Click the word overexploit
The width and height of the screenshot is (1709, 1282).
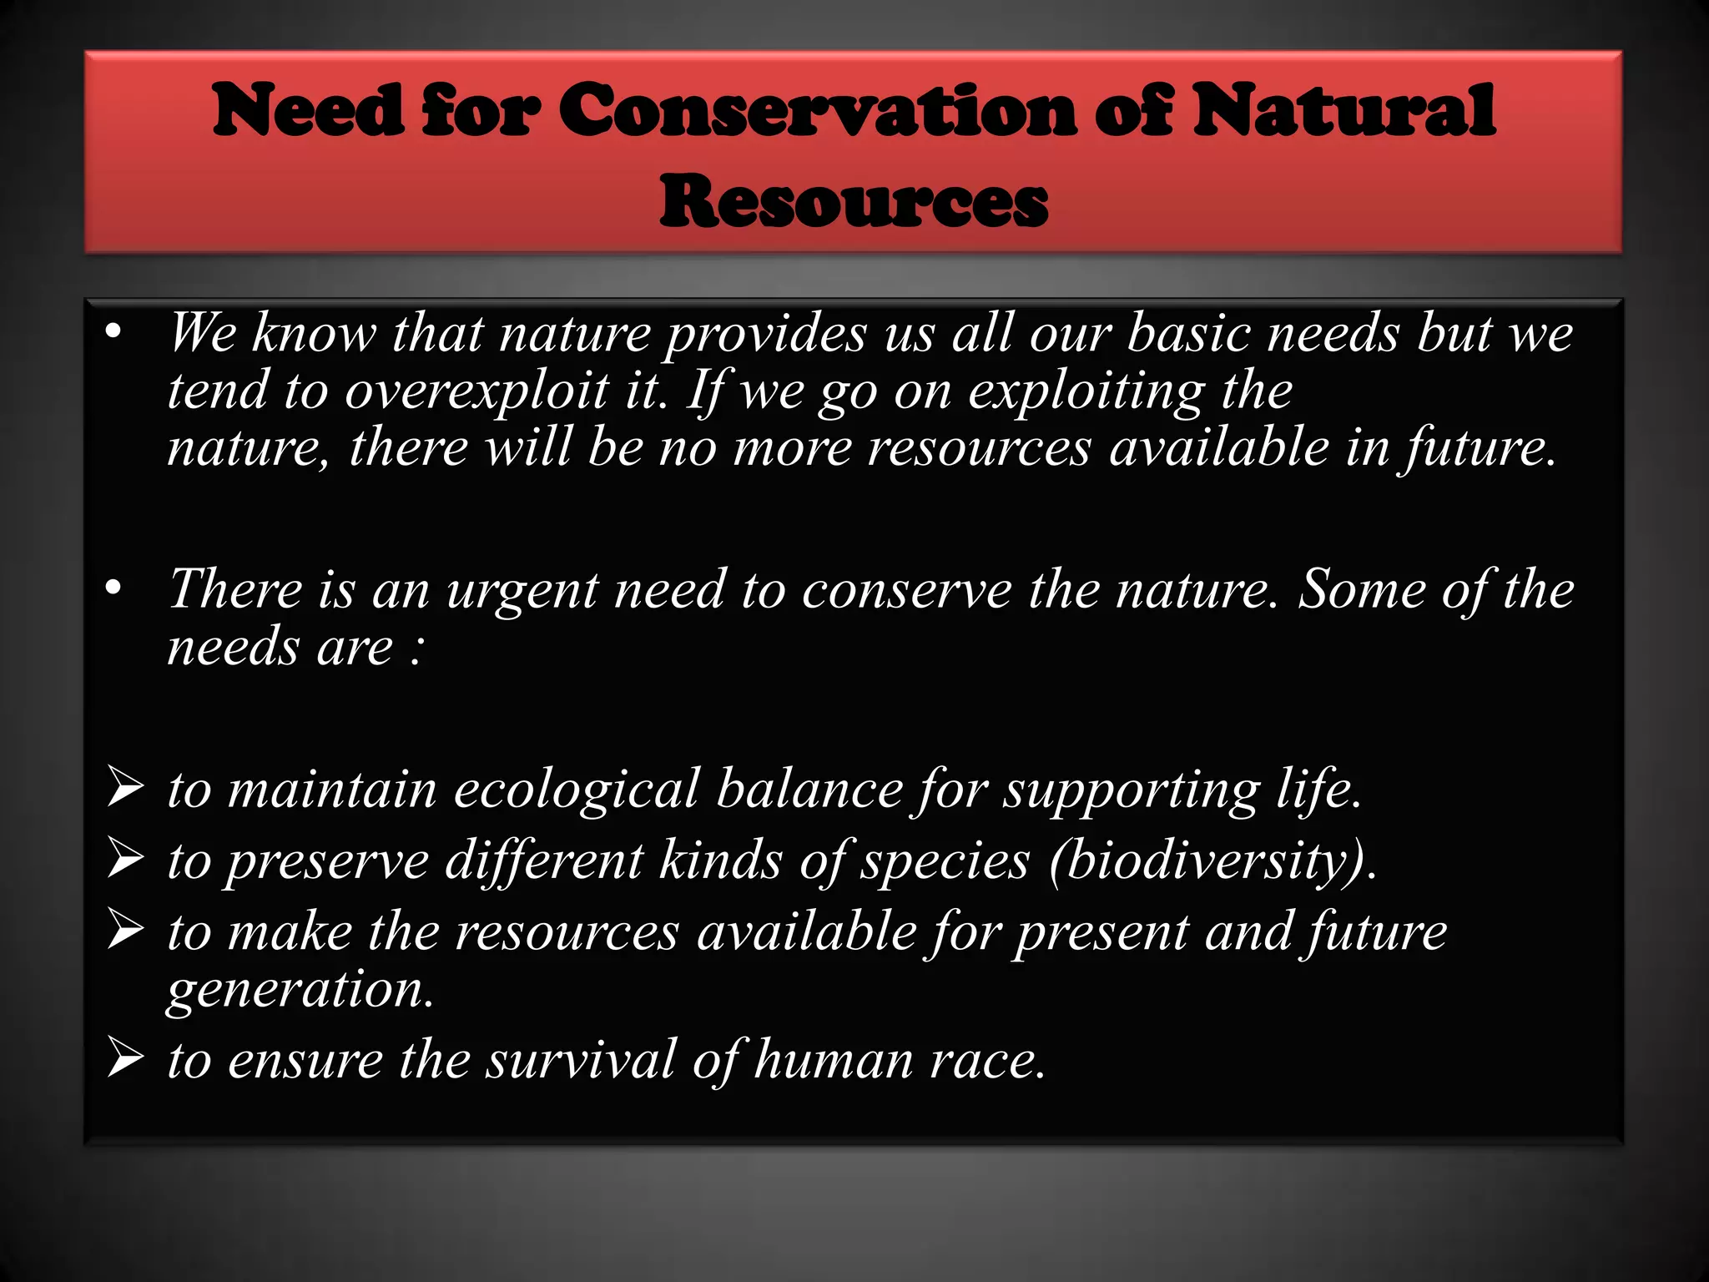point(476,391)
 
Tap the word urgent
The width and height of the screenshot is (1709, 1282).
point(522,590)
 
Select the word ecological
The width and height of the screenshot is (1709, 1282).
point(575,789)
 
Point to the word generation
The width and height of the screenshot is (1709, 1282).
point(300,990)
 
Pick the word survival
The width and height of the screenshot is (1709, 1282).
point(581,1060)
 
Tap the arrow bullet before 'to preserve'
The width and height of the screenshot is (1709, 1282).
point(125,860)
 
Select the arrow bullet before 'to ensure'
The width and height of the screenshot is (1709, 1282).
point(125,1060)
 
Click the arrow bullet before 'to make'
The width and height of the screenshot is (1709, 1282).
point(125,931)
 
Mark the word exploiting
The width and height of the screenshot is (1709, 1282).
point(1086,391)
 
